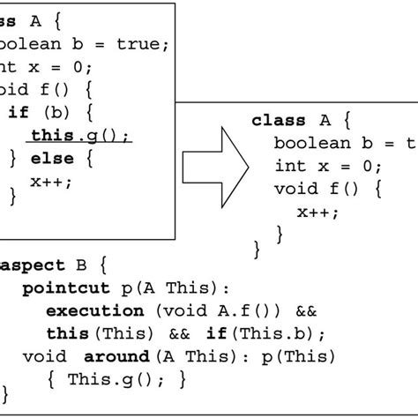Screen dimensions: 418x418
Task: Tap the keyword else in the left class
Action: click(x=51, y=159)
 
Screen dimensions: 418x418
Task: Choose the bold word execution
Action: click(x=94, y=310)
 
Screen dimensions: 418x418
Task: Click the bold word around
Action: click(x=116, y=356)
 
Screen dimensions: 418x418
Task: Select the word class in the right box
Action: click(x=279, y=121)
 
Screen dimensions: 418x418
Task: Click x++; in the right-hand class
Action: click(x=317, y=212)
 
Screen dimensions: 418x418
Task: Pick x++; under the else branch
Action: click(x=51, y=181)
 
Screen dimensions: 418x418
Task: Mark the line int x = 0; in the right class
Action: click(x=328, y=167)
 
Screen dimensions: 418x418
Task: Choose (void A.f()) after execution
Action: click(x=212, y=310)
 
